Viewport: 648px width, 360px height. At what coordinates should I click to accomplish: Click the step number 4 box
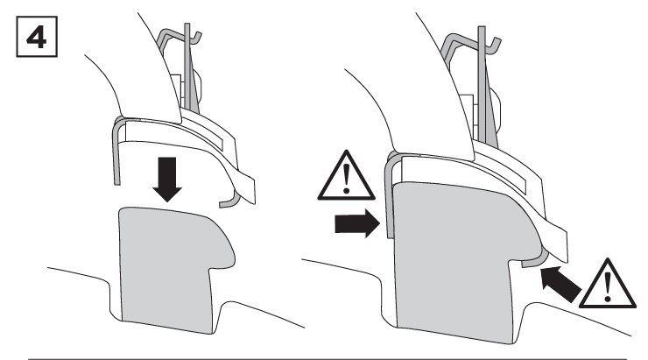pyautogui.click(x=37, y=37)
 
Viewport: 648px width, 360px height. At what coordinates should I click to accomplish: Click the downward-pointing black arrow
pyautogui.click(x=167, y=179)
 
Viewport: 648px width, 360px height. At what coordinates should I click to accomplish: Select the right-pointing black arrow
pyautogui.click(x=357, y=223)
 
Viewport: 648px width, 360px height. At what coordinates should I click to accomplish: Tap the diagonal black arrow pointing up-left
pyautogui.click(x=560, y=284)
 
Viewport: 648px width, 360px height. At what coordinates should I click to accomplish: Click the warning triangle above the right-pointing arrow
pyautogui.click(x=346, y=176)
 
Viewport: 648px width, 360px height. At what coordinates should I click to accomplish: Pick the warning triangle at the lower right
pyautogui.click(x=607, y=284)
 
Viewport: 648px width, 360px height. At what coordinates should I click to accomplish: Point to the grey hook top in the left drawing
pyautogui.click(x=179, y=35)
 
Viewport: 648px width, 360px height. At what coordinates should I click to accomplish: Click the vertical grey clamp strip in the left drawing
pyautogui.click(x=116, y=153)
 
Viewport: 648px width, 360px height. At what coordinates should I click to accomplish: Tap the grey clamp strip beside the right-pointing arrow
pyautogui.click(x=389, y=194)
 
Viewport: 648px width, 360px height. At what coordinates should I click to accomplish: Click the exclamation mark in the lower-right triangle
pyautogui.click(x=608, y=287)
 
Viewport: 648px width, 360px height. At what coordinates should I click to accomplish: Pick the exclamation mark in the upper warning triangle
pyautogui.click(x=346, y=179)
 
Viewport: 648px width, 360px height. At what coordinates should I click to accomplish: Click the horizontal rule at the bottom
pyautogui.click(x=328, y=359)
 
